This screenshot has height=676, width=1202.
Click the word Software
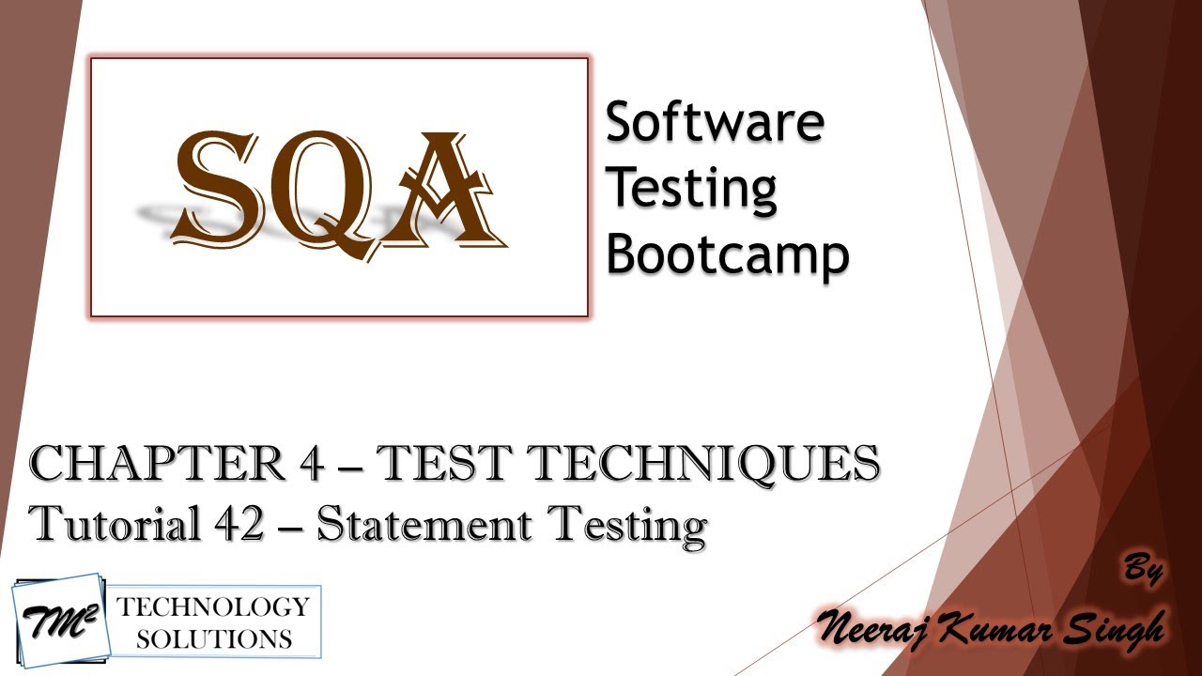(715, 123)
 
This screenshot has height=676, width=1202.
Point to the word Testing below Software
(691, 189)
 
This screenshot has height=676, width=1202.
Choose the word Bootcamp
(727, 253)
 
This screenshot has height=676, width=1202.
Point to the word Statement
(424, 524)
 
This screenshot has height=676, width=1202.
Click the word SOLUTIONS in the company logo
(213, 639)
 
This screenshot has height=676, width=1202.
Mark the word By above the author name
(1142, 570)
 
